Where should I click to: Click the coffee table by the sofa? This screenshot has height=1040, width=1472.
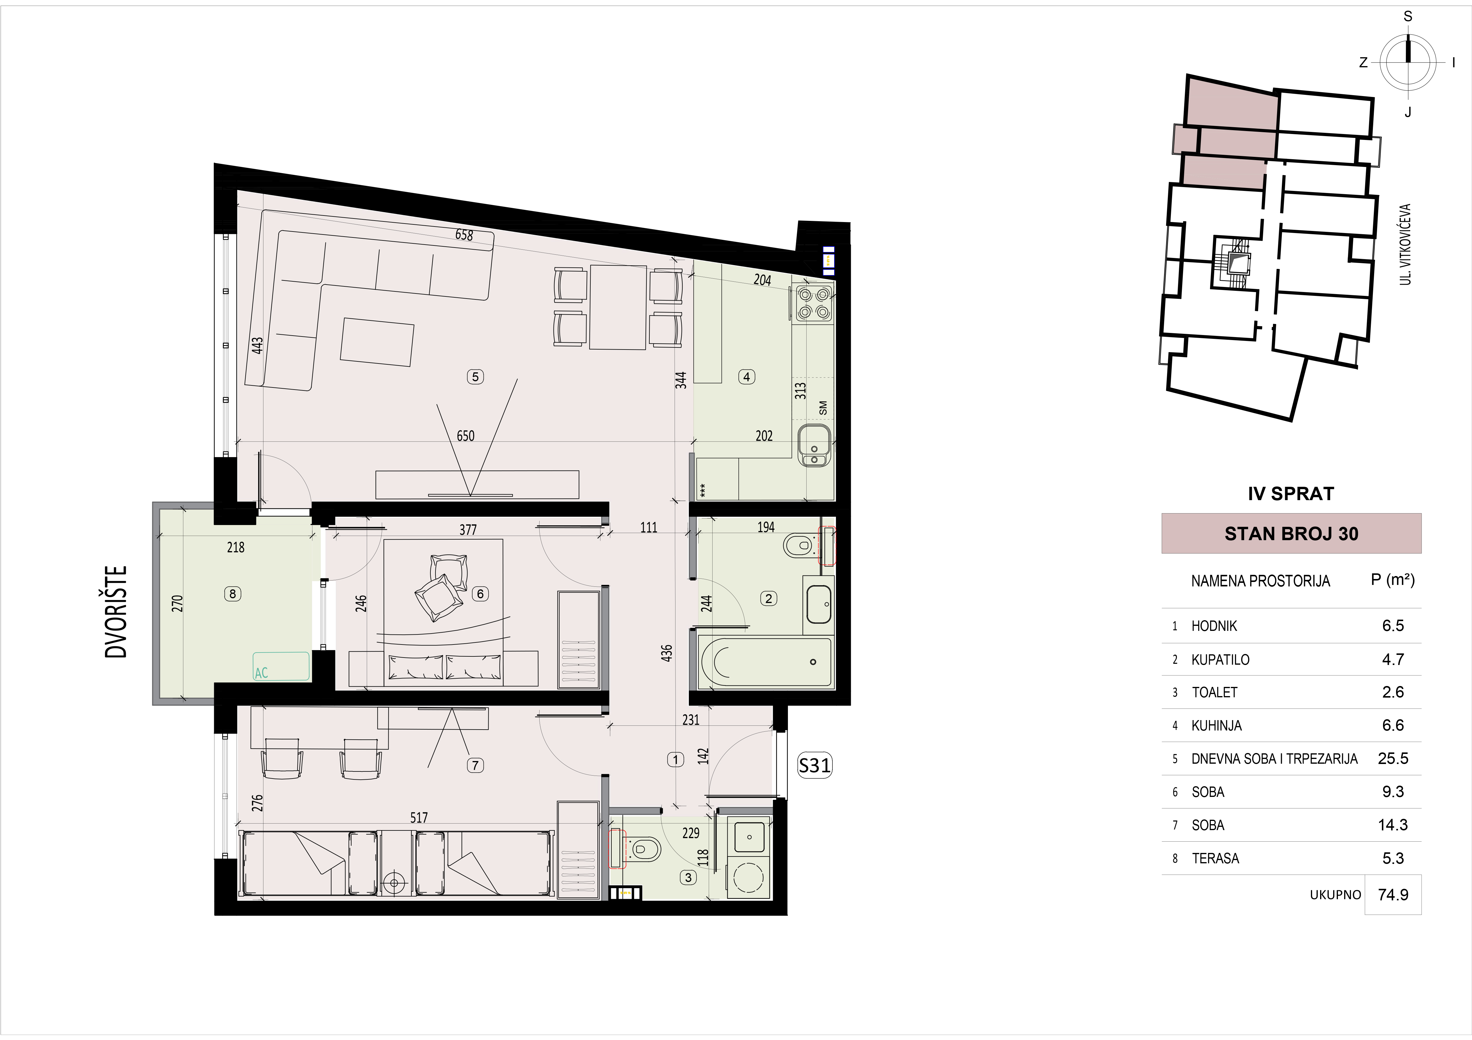point(377,342)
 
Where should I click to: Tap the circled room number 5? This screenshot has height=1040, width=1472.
point(475,377)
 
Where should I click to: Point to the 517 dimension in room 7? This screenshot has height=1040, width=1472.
point(419,818)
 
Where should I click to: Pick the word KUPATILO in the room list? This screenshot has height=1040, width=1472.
point(1220,659)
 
